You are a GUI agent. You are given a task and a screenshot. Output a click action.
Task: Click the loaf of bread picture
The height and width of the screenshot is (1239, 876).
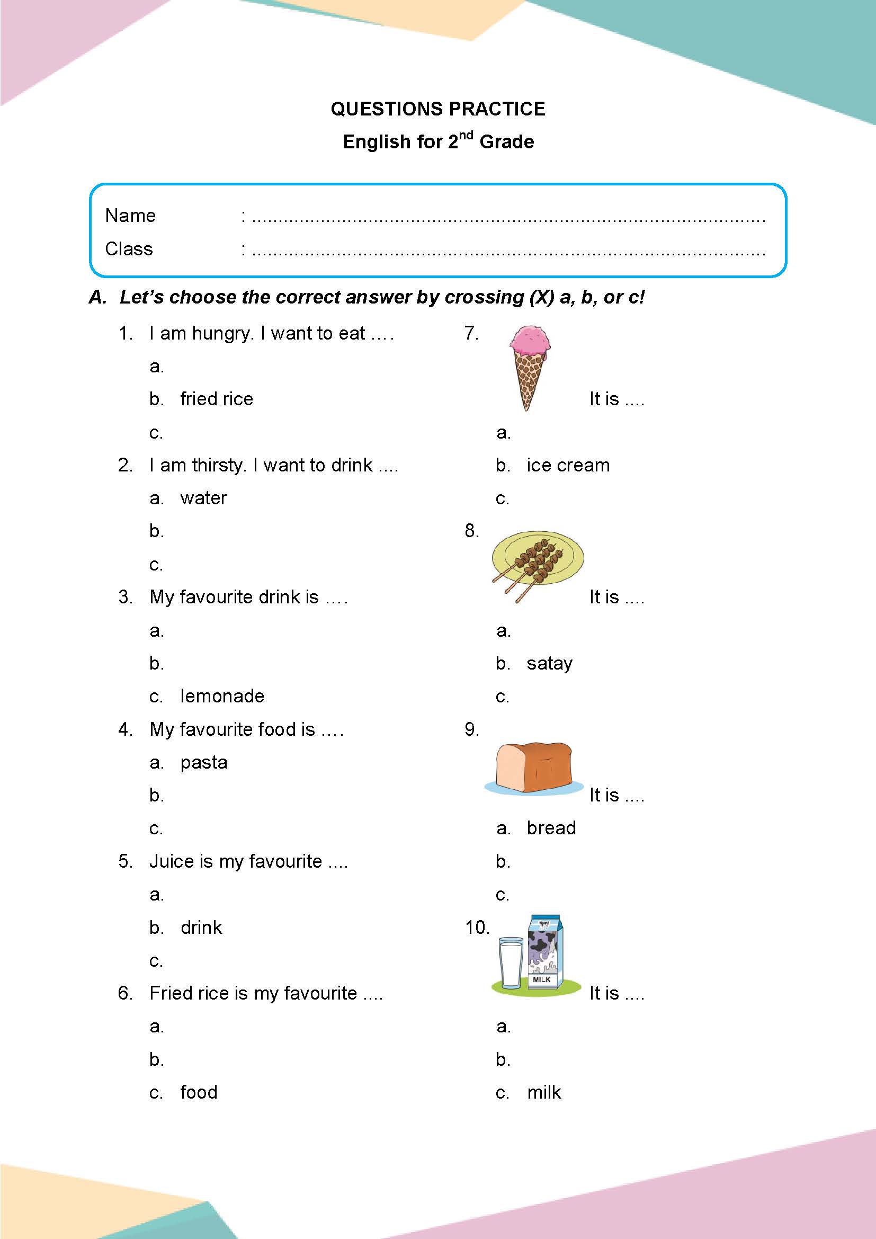533,767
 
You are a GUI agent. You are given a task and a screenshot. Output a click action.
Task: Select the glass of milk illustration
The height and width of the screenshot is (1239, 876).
510,964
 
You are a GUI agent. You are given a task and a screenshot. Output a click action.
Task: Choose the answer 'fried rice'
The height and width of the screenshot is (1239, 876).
216,399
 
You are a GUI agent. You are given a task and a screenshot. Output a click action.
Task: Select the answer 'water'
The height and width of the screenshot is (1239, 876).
203,498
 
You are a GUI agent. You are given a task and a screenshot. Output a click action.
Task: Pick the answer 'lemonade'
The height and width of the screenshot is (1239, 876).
222,696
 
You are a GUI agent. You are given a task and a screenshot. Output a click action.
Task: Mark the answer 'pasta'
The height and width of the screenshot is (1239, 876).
204,762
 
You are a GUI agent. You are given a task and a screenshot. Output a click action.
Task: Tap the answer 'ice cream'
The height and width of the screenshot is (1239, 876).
568,465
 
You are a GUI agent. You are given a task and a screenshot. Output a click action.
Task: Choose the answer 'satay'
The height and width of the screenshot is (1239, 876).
549,663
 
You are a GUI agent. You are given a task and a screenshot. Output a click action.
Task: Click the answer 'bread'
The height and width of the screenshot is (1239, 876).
551,828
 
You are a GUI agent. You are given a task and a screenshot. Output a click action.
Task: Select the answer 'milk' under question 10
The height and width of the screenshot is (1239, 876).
544,1092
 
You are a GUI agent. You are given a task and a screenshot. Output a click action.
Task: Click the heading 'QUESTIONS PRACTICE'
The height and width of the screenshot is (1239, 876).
437,109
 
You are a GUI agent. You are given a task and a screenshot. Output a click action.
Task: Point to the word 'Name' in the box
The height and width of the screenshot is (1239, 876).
130,216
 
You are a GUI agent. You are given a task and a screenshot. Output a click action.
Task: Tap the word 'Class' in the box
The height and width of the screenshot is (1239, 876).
129,249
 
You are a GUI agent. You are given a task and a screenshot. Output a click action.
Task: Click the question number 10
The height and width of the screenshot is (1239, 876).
477,928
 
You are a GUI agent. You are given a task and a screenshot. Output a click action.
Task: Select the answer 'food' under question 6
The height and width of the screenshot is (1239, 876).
199,1092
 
